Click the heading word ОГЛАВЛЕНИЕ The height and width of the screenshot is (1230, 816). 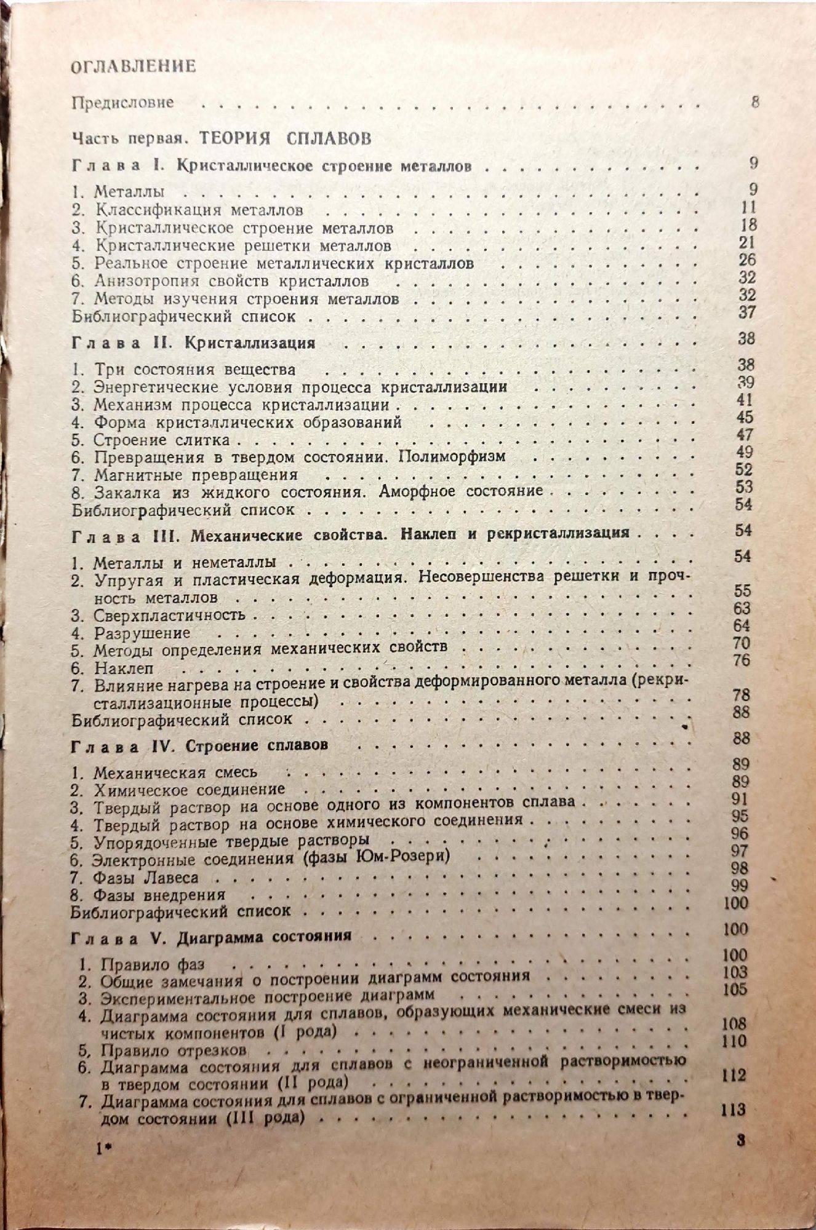pyautogui.click(x=134, y=66)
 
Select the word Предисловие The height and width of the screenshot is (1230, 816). pyautogui.click(x=123, y=103)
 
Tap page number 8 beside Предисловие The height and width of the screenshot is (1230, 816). pyautogui.click(x=755, y=102)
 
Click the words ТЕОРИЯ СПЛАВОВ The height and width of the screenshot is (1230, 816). pyautogui.click(x=285, y=138)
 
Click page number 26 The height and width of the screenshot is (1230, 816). pyautogui.click(x=747, y=260)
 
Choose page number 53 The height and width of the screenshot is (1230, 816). pyautogui.click(x=744, y=487)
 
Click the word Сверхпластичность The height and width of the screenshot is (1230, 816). pyautogui.click(x=170, y=615)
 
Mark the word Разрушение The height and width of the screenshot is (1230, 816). pyautogui.click(x=142, y=633)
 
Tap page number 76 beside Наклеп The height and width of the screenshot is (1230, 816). pyautogui.click(x=742, y=661)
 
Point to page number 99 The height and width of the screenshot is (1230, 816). pyautogui.click(x=740, y=886)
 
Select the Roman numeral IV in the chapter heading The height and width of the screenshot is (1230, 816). pyautogui.click(x=161, y=746)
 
